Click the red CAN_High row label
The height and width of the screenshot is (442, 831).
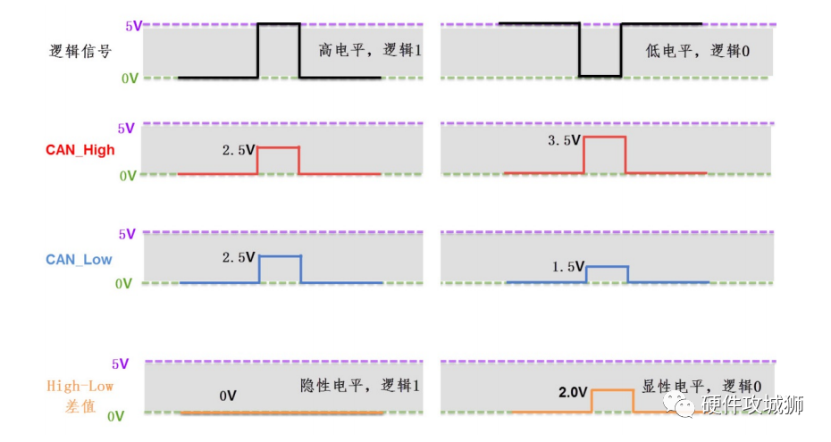pyautogui.click(x=80, y=150)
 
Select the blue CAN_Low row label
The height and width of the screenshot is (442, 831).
pyautogui.click(x=79, y=259)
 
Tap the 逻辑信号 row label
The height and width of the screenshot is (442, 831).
pyautogui.click(x=80, y=51)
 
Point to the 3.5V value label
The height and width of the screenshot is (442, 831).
pyautogui.click(x=565, y=140)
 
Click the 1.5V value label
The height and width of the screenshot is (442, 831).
pyautogui.click(x=567, y=266)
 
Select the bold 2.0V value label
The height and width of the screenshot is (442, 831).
pyautogui.click(x=572, y=392)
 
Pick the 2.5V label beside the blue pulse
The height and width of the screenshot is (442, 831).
pyautogui.click(x=239, y=258)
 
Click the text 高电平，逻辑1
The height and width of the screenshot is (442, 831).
pyautogui.click(x=369, y=51)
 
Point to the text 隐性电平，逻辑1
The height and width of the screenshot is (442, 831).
pyautogui.click(x=360, y=386)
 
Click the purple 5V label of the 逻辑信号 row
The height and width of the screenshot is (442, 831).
pyautogui.click(x=133, y=25)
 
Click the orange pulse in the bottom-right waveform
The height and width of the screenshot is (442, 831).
pyautogui.click(x=612, y=391)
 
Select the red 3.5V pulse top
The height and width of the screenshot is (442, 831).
pyautogui.click(x=604, y=137)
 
